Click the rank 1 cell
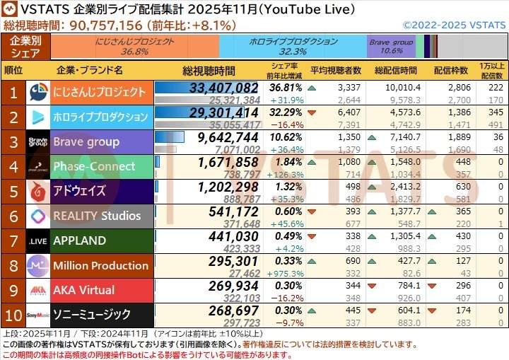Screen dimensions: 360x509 tap(13, 93)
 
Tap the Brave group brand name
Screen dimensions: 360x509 tap(86, 141)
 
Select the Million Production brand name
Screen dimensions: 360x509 tap(100, 265)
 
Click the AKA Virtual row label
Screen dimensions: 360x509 tap(83, 290)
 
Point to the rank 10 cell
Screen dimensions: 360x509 tap(13, 315)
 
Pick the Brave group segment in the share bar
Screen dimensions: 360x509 tap(391, 46)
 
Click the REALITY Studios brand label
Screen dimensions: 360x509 tap(97, 216)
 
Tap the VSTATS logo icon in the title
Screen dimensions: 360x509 tap(11, 10)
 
